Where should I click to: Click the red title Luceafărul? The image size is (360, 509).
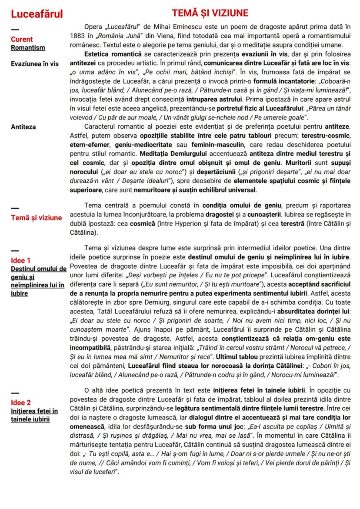point(37,14)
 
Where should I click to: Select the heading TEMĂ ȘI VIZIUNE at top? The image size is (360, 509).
point(210,12)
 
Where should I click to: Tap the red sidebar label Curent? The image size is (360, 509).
point(22,39)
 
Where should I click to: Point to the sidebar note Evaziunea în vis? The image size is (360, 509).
point(35,63)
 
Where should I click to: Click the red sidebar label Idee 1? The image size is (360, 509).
point(21,261)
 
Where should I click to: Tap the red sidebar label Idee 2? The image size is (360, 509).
point(21,403)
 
